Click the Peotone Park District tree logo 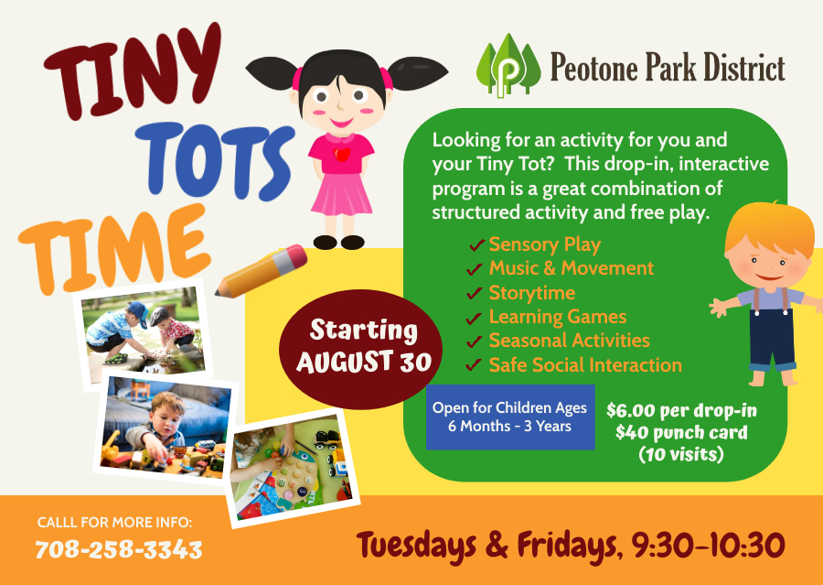click(x=508, y=66)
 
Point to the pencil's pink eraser click(x=293, y=258)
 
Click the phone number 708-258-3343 click(x=119, y=550)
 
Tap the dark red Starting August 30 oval click(x=360, y=349)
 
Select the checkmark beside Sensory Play click(x=476, y=245)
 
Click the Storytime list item click(x=531, y=293)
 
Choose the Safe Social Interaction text click(x=585, y=364)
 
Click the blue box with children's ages click(x=510, y=417)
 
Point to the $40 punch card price click(x=681, y=433)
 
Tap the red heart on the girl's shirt click(x=342, y=154)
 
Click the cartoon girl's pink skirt click(x=342, y=193)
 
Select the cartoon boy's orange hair click(x=770, y=232)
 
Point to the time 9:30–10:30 click(x=708, y=546)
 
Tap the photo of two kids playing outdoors click(x=144, y=335)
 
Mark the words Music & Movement click(x=571, y=268)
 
